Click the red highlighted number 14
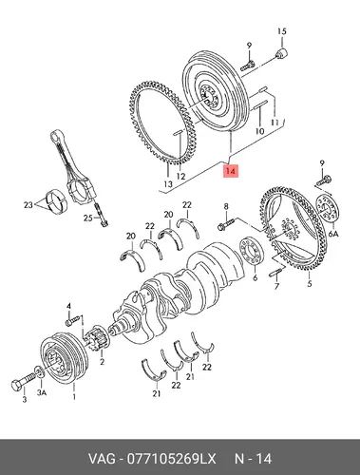click(x=231, y=171)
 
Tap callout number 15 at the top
click(x=282, y=31)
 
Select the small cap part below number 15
click(x=281, y=53)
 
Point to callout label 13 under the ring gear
click(x=168, y=183)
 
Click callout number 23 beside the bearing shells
click(x=28, y=205)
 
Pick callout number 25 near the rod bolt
click(x=88, y=218)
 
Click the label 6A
click(x=333, y=234)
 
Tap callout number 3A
click(x=42, y=392)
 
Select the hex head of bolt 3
click(x=16, y=385)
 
